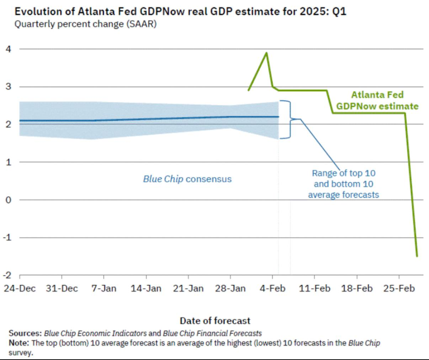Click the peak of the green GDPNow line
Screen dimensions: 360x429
coord(266,53)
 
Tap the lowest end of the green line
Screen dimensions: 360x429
coord(417,256)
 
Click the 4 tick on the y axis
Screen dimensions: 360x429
coord(8,49)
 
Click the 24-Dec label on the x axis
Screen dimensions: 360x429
coord(20,288)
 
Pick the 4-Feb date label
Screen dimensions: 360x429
coord(272,288)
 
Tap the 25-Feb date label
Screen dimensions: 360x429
coord(399,288)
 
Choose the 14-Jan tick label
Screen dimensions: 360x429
coord(146,288)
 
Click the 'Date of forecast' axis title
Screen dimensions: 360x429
coord(215,321)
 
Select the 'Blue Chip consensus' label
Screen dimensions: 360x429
coord(187,179)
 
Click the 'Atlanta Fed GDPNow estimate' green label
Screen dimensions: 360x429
coord(377,101)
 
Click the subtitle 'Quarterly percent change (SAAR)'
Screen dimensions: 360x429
coord(85,25)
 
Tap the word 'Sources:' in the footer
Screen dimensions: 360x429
coord(25,333)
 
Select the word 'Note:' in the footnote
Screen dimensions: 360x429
coord(19,343)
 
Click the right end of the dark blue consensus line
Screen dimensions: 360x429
coord(278,117)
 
